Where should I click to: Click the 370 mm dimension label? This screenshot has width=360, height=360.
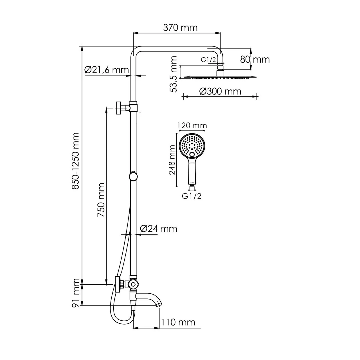[180, 28]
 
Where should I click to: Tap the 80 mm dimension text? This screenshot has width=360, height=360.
[255, 59]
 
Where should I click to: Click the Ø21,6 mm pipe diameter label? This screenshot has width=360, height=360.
[106, 70]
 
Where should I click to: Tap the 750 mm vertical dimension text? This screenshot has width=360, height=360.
[101, 200]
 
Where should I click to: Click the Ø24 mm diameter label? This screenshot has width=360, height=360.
[159, 228]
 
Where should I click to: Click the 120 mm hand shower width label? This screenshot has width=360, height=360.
[192, 125]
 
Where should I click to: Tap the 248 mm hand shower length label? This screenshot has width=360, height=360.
[172, 160]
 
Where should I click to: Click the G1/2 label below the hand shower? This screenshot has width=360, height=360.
[192, 196]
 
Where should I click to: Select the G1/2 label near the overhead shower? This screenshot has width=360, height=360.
[208, 60]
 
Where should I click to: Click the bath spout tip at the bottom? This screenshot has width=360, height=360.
[159, 304]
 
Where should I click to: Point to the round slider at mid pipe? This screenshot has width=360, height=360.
[133, 176]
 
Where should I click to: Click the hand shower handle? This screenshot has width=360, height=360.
[192, 172]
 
